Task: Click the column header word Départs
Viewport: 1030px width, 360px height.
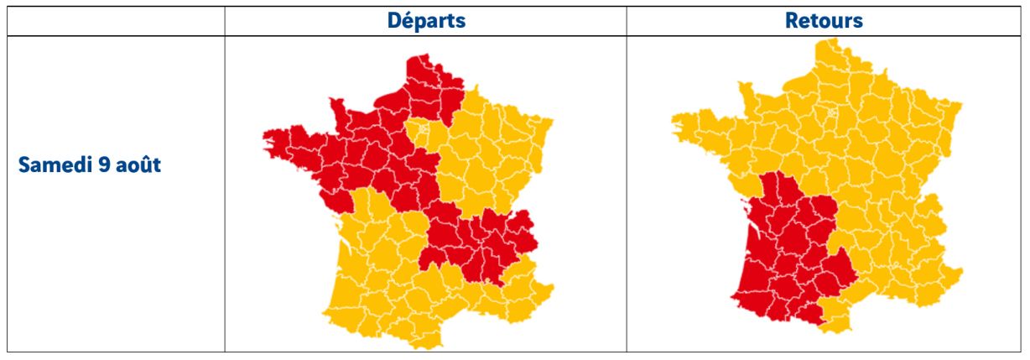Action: click(425, 21)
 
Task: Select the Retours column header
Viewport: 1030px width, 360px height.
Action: click(824, 21)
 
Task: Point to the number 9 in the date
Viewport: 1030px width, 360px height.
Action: click(106, 164)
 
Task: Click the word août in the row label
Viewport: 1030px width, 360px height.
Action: click(138, 164)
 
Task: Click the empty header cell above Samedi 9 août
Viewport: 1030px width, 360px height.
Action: click(115, 21)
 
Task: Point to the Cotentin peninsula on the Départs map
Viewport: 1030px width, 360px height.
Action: click(336, 105)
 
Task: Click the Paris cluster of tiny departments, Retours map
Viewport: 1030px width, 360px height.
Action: click(831, 111)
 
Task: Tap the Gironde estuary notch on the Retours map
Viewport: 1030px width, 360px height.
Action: click(754, 226)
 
